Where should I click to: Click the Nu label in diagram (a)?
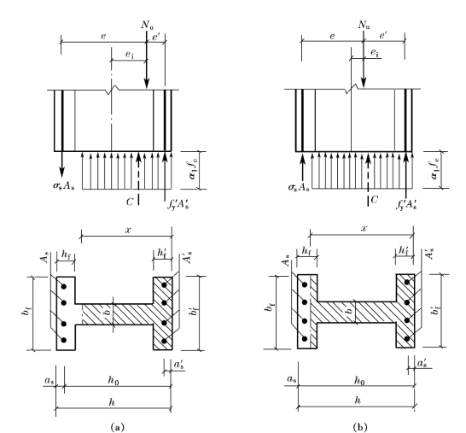148,25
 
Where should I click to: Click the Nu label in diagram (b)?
364,25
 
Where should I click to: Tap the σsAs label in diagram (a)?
64,186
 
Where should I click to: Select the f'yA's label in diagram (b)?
406,204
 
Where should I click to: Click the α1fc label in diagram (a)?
193,170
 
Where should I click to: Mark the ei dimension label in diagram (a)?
128,55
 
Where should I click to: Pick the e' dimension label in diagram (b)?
383,36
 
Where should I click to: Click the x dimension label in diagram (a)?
128,230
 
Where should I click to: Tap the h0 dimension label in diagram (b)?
359,380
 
